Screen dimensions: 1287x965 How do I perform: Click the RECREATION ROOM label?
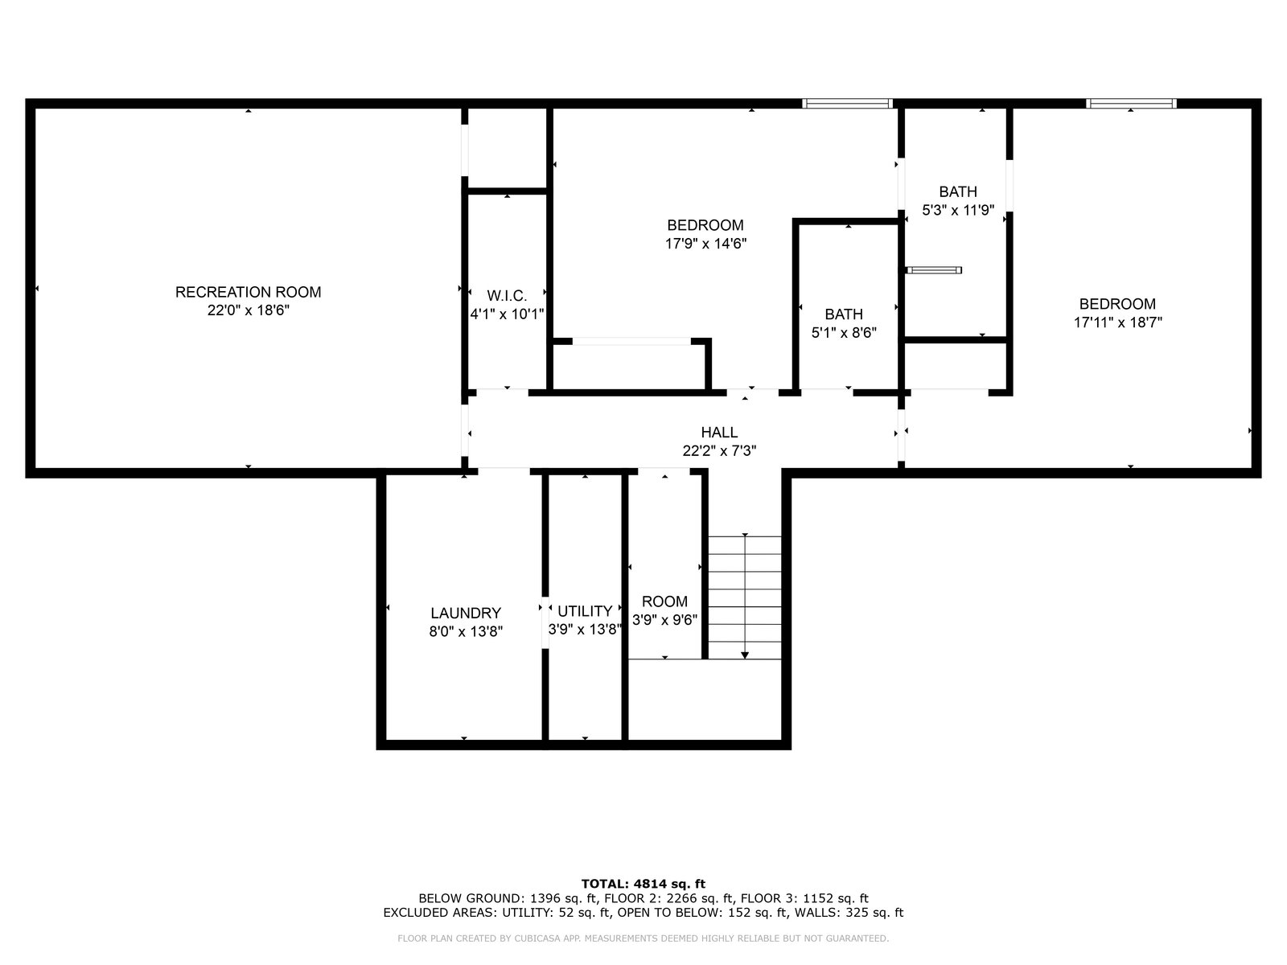[x=248, y=292]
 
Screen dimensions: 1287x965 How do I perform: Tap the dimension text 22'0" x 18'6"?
[x=248, y=310]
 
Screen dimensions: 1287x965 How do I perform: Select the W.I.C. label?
[x=507, y=296]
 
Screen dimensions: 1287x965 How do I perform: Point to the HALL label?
[x=719, y=433]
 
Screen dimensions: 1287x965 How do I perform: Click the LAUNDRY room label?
[x=466, y=613]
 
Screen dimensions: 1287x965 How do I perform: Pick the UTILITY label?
[x=585, y=611]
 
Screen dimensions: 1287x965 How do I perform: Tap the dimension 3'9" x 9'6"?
[x=664, y=619]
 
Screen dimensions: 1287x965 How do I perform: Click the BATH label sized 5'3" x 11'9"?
[x=957, y=191]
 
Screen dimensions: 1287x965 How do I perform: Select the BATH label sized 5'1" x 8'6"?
[x=844, y=314]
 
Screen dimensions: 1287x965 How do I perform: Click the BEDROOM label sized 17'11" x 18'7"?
[x=1117, y=304]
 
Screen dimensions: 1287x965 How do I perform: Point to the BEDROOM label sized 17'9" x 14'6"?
[x=705, y=225]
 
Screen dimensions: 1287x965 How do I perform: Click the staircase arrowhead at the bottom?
[x=745, y=655]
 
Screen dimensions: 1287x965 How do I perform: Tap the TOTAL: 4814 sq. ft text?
[x=643, y=884]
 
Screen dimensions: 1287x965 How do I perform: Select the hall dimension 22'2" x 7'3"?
[x=719, y=450]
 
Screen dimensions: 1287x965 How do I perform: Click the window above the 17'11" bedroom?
[x=1130, y=104]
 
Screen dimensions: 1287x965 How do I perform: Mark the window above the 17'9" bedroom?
[x=847, y=104]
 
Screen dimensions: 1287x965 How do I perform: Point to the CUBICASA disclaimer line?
[x=643, y=938]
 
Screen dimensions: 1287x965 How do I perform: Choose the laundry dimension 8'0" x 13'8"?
[x=466, y=631]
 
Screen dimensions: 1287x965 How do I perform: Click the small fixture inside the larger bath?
[x=933, y=270]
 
